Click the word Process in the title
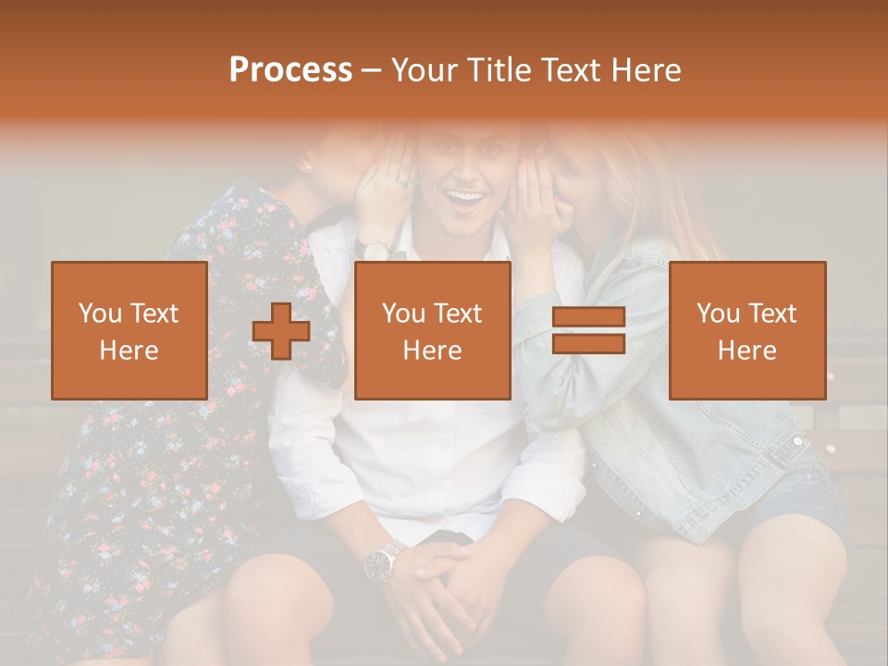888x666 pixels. pyautogui.click(x=290, y=69)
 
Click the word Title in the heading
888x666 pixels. pyautogui.click(x=501, y=69)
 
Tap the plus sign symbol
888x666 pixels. pyautogui.click(x=281, y=331)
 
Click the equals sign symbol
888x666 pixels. pyautogui.click(x=588, y=330)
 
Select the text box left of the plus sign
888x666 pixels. pyautogui.click(x=129, y=330)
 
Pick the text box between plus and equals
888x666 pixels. pyautogui.click(x=433, y=330)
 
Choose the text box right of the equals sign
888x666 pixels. pyautogui.click(x=747, y=330)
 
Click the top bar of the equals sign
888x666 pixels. pyautogui.click(x=588, y=317)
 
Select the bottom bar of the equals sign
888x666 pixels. pyautogui.click(x=588, y=343)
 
